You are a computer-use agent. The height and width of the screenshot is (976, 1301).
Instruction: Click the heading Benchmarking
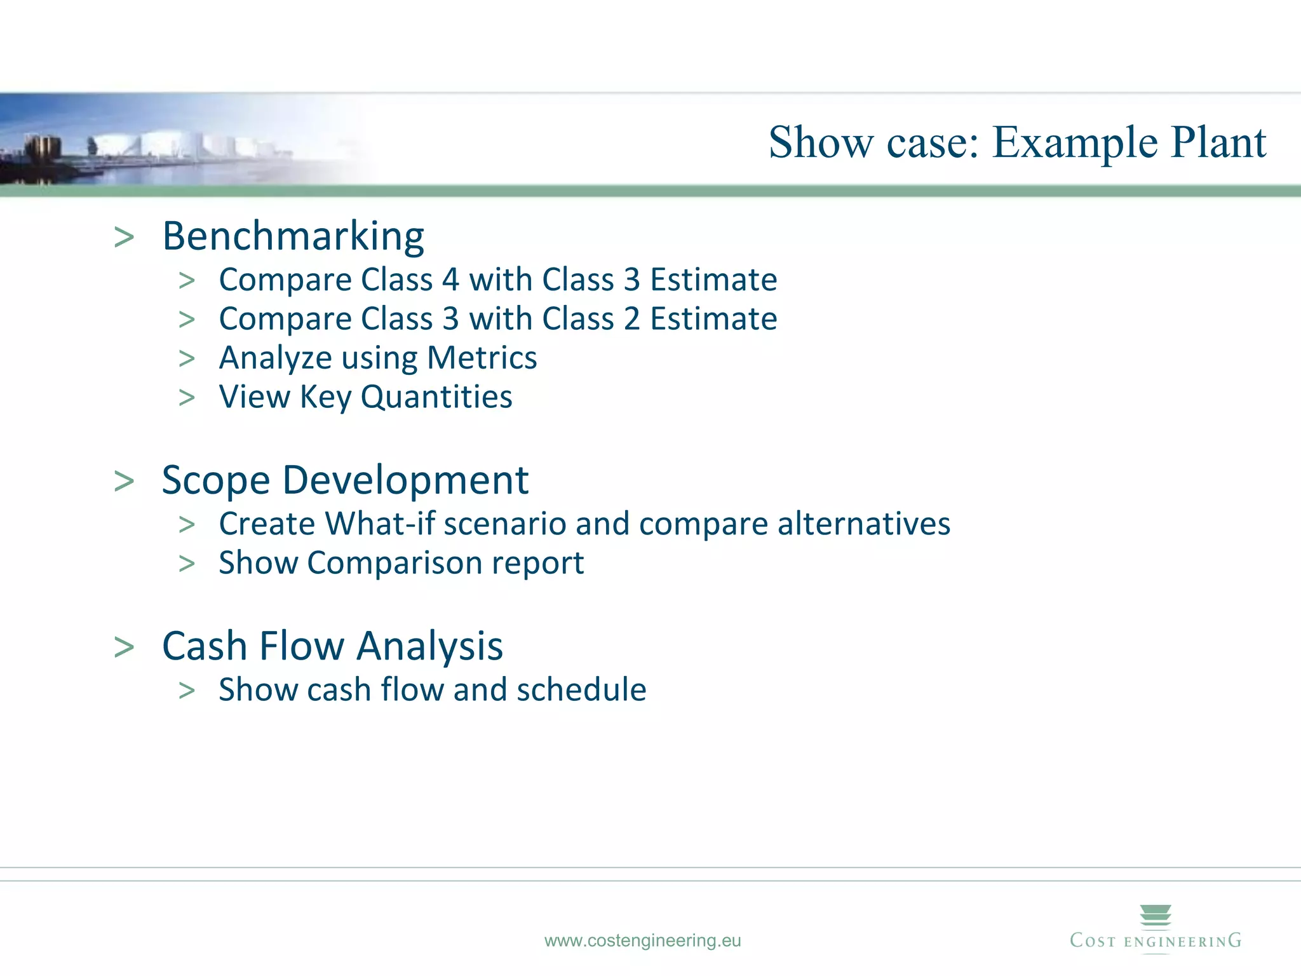pyautogui.click(x=293, y=236)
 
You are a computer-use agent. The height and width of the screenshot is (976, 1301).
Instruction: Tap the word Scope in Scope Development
pyautogui.click(x=216, y=481)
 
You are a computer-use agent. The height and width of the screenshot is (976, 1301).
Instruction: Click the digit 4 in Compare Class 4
pyautogui.click(x=450, y=280)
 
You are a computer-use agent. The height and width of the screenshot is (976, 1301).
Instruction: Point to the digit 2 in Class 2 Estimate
pyautogui.click(x=631, y=319)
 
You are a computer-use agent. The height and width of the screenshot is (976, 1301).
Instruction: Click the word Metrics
pyautogui.click(x=482, y=358)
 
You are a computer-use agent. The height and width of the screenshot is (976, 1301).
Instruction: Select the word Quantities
pyautogui.click(x=436, y=397)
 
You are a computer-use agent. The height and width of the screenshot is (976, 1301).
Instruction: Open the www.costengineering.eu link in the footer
pyautogui.click(x=642, y=940)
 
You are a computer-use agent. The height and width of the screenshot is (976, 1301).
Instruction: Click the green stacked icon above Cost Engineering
pyautogui.click(x=1156, y=916)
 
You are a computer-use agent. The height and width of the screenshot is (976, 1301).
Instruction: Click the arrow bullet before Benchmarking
pyautogui.click(x=125, y=238)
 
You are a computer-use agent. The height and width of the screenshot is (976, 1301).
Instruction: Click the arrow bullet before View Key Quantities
pyautogui.click(x=187, y=398)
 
